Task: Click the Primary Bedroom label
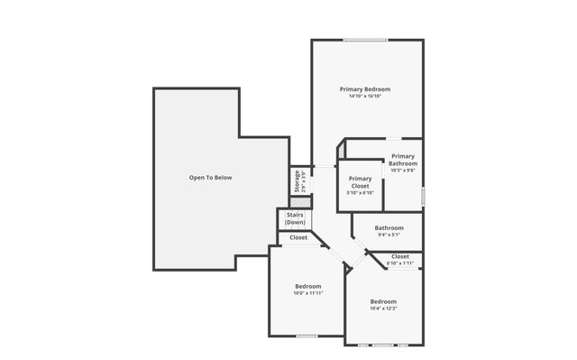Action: click(365, 89)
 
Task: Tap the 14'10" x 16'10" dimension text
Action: click(365, 97)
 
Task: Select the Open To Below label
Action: click(210, 178)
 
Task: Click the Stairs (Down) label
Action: click(295, 218)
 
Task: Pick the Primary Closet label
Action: click(360, 181)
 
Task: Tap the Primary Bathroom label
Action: click(403, 160)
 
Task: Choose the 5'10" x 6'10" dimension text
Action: click(360, 193)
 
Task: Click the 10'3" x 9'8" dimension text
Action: click(403, 171)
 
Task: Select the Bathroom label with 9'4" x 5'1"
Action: click(389, 228)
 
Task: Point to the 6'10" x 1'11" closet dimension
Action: click(400, 263)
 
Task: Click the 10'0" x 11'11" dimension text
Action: click(307, 293)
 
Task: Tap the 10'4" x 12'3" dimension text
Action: click(383, 309)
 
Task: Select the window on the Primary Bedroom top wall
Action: click(365, 40)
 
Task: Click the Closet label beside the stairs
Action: click(298, 238)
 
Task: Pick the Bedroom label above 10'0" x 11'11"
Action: click(307, 286)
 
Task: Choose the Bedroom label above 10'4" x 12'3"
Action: click(383, 301)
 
